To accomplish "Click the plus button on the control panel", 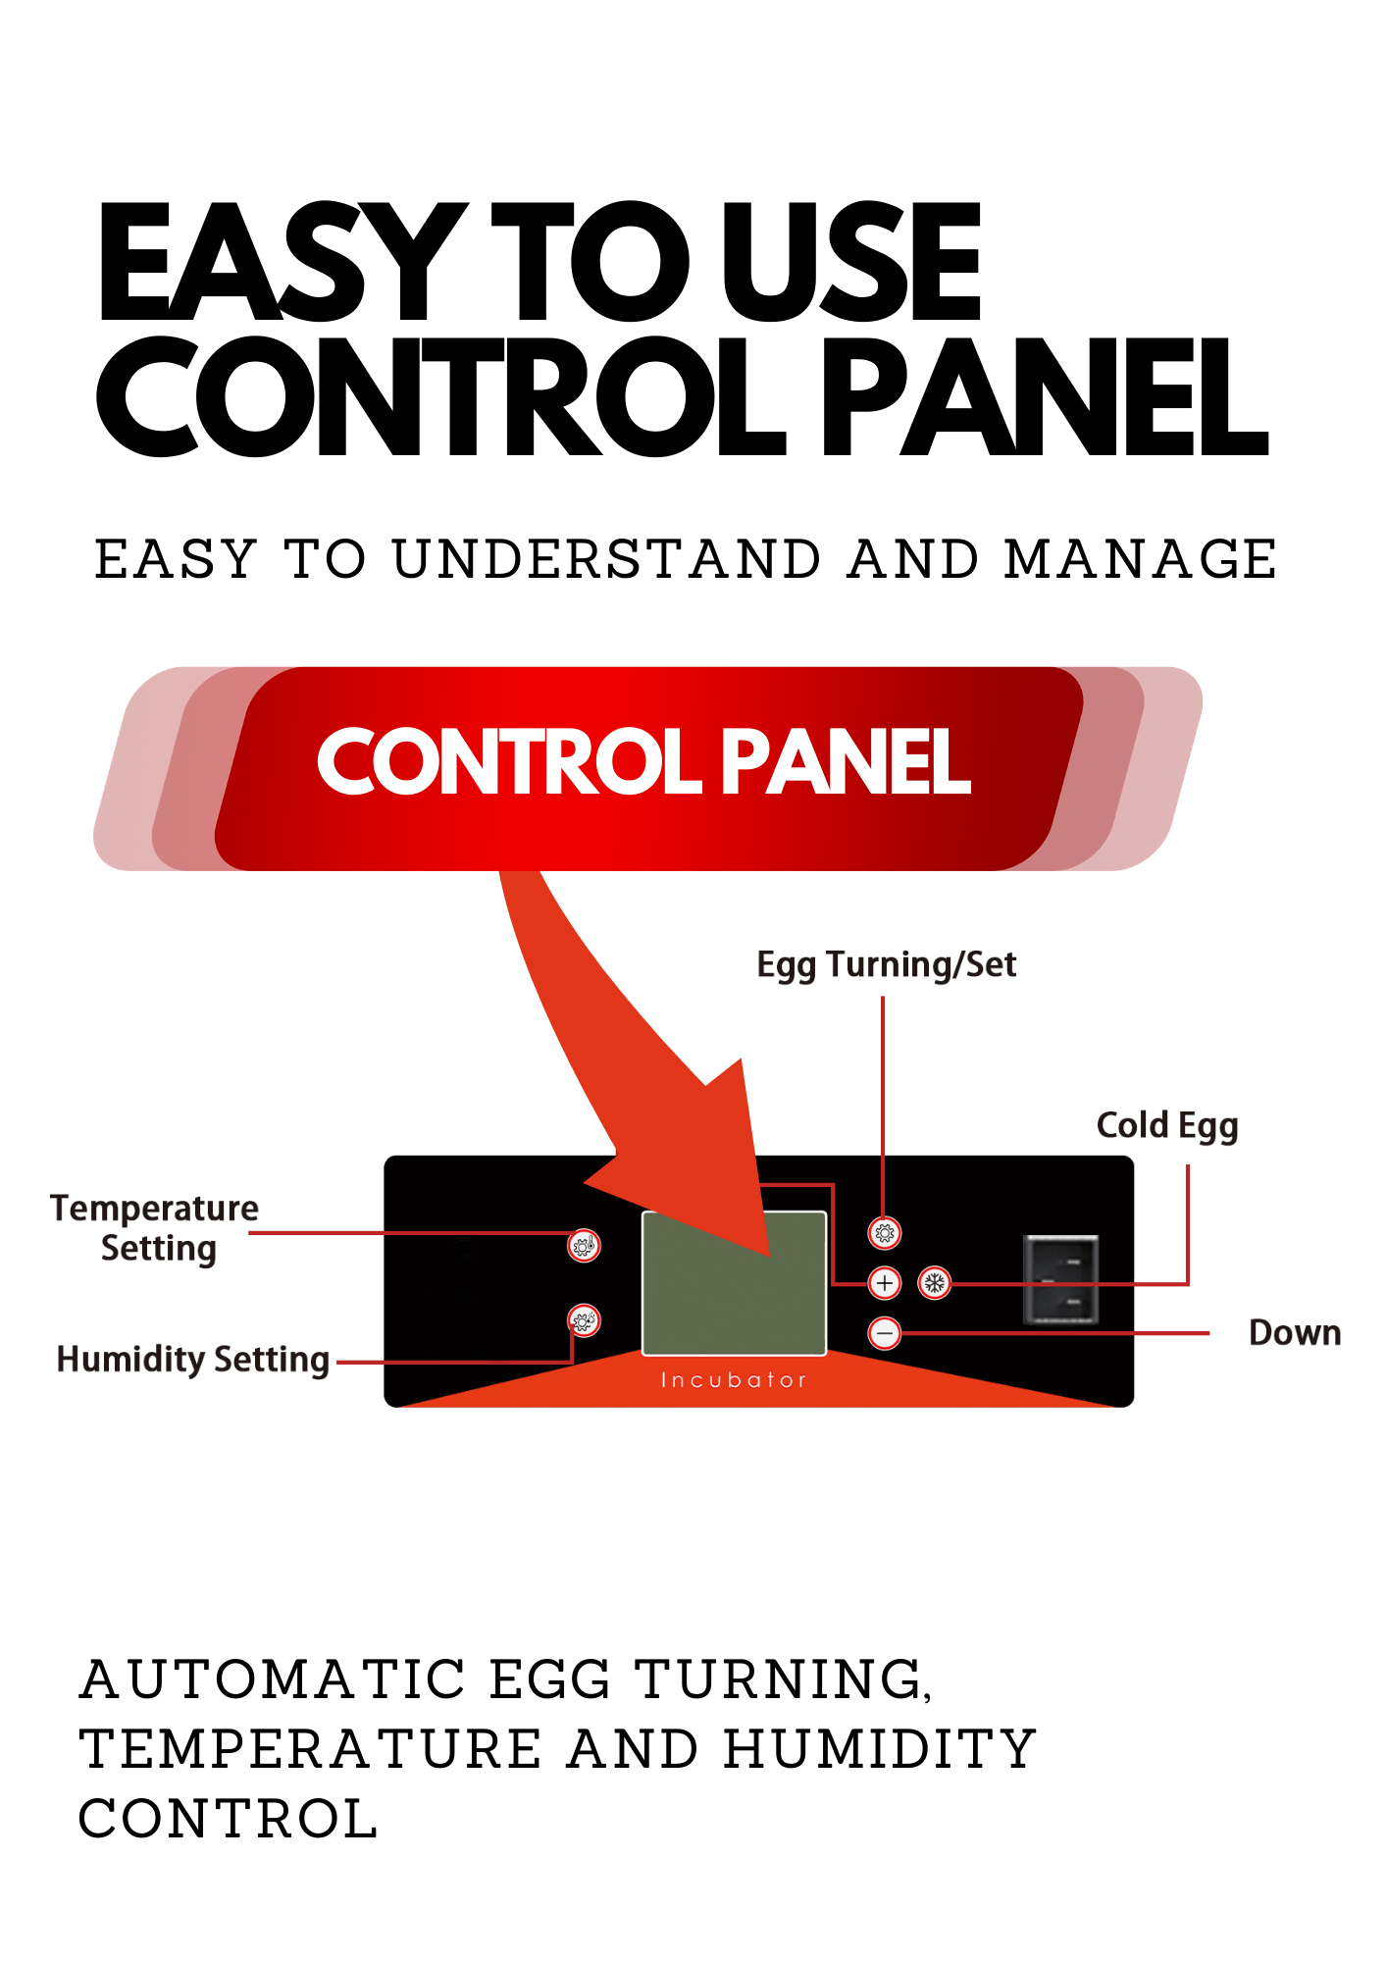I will [885, 1282].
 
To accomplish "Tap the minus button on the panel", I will [885, 1333].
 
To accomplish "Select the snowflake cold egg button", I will [935, 1282].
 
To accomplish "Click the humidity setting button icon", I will [584, 1320].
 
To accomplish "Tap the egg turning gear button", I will [885, 1233].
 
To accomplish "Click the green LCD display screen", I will [734, 1283].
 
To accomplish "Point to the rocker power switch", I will [1061, 1280].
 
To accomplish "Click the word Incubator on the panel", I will [734, 1380].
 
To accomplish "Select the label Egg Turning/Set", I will [886, 965].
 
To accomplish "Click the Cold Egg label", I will [1166, 1126].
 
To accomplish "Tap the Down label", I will [1294, 1333].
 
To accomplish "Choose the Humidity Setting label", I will [192, 1360].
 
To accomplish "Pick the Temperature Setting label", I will [155, 1228].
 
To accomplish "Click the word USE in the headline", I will [851, 262].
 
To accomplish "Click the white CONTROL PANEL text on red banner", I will [643, 762].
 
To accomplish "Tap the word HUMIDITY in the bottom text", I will [880, 1749].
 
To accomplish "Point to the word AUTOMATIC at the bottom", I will [273, 1679].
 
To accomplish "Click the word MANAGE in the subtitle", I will [1140, 560].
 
